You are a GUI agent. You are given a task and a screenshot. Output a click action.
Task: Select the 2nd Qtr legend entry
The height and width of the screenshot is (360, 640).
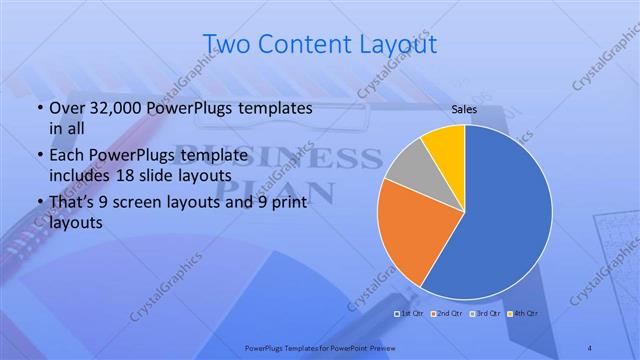pos(447,314)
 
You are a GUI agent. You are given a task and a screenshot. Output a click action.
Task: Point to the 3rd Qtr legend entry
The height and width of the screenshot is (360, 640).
pos(485,314)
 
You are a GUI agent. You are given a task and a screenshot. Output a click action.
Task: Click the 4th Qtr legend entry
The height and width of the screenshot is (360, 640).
pos(523,314)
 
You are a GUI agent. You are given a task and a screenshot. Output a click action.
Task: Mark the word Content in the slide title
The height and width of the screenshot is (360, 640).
pos(299,44)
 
